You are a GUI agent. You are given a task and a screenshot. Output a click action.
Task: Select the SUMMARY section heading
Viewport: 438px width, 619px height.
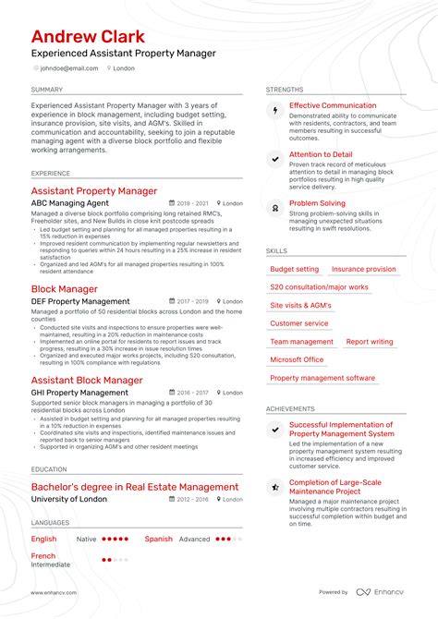tap(47, 90)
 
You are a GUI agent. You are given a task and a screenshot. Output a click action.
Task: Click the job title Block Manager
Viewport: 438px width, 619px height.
tap(64, 288)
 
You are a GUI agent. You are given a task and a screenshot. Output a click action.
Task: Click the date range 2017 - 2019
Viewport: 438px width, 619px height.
tap(192, 301)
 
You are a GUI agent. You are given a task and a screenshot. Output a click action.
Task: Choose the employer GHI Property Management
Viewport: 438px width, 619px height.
tap(79, 393)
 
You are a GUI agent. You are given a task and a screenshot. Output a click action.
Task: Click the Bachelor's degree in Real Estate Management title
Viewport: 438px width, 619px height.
tap(135, 487)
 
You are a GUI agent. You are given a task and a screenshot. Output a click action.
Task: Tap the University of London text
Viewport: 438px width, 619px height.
tap(69, 499)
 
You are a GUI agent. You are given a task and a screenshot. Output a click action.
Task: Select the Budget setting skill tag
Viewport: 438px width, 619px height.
tap(294, 269)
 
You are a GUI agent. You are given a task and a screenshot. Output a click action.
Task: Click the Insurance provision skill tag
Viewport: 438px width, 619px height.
tap(363, 269)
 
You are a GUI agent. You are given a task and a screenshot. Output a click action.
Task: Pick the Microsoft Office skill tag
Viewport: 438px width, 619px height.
tap(297, 359)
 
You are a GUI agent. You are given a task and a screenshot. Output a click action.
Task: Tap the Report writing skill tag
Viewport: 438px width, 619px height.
tap(370, 342)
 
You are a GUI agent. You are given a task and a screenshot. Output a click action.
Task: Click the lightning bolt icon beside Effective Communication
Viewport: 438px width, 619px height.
tap(275, 111)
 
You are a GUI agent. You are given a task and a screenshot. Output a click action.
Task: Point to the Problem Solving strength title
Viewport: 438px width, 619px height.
tap(317, 203)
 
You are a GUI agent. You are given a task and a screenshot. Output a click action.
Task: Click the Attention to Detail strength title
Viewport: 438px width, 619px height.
tap(321, 154)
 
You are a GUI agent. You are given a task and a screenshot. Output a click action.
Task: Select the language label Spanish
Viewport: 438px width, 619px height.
tap(159, 539)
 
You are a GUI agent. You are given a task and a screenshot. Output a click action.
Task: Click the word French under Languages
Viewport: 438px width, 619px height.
tap(43, 555)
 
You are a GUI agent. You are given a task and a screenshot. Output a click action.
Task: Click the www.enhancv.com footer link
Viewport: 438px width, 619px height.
tap(53, 592)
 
